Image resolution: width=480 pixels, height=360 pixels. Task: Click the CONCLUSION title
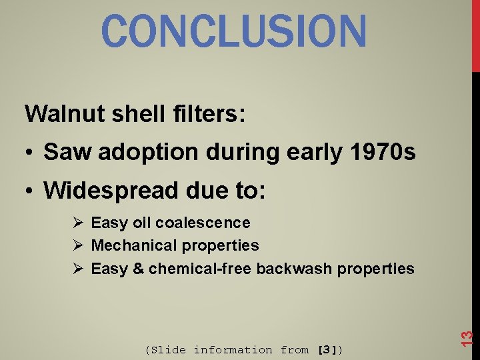coord(234,31)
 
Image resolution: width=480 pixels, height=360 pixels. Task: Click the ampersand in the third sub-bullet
coord(138,269)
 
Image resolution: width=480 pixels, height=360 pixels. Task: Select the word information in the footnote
coord(233,349)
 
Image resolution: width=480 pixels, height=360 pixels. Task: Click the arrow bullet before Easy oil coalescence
coord(77,223)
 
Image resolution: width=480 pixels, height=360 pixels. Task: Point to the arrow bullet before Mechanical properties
coord(77,245)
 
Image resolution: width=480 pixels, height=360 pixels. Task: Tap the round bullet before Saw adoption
coord(31,153)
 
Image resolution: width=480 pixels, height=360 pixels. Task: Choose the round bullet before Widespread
coord(31,192)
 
